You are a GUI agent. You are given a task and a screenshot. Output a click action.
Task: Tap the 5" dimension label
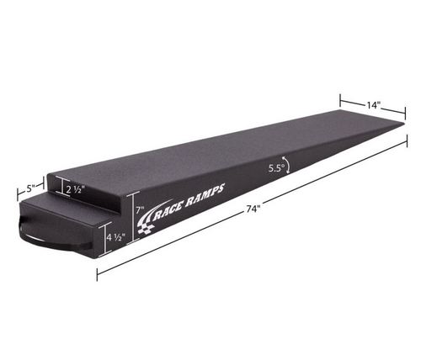(29, 187)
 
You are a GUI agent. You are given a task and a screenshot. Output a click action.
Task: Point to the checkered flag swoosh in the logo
(155, 225)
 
